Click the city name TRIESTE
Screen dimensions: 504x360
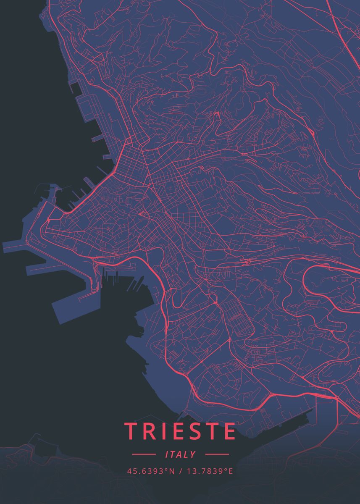coord(180,431)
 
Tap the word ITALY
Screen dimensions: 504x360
coord(181,454)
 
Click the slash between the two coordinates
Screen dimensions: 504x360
coord(180,471)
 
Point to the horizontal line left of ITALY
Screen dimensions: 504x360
coord(144,454)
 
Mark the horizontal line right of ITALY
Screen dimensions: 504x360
coord(217,454)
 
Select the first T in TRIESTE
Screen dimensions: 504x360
coord(131,431)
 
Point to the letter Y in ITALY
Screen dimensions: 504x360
coord(193,454)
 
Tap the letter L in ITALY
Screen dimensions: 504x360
coord(187,454)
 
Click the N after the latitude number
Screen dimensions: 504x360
coord(171,471)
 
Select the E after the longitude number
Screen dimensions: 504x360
coord(231,471)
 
